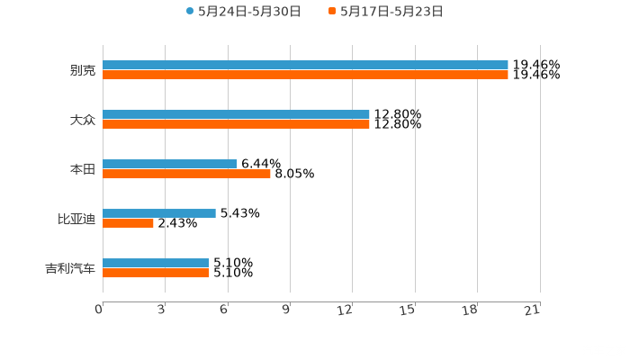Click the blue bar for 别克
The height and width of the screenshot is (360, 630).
click(x=305, y=65)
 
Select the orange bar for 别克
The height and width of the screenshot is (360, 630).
click(x=305, y=75)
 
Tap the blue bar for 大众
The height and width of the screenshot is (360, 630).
click(x=236, y=114)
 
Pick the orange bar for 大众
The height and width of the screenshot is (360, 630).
click(x=236, y=124)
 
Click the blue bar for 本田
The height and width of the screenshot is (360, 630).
click(x=170, y=164)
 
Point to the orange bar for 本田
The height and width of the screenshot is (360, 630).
click(x=186, y=174)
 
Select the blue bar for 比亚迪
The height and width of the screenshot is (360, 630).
click(x=159, y=213)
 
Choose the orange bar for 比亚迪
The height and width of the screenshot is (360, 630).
click(x=128, y=223)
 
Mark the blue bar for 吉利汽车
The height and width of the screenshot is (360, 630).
click(x=156, y=263)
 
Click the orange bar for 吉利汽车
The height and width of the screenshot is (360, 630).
click(x=156, y=273)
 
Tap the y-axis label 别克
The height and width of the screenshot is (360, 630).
click(x=82, y=70)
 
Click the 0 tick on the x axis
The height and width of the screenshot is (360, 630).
click(x=99, y=310)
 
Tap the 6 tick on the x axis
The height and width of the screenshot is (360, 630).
click(x=223, y=310)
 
